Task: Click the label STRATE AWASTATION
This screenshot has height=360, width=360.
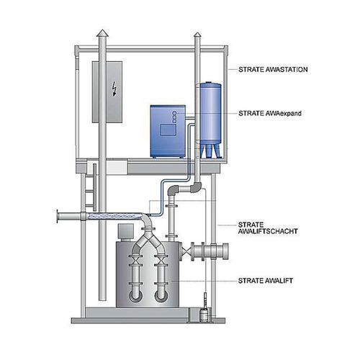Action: coord(273,70)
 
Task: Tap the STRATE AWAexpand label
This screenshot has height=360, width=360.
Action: coord(270,113)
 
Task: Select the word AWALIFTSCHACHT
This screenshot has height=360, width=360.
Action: coord(268,231)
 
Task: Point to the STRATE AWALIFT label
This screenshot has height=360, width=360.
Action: coord(266,281)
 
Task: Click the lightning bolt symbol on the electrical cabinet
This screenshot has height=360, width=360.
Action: coord(114,89)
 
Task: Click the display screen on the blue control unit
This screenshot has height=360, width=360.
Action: coord(168,130)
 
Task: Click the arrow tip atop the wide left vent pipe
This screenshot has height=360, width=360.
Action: coord(103,30)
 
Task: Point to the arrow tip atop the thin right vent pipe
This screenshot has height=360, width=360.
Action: coord(197,32)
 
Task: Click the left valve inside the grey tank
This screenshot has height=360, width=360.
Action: coord(135,261)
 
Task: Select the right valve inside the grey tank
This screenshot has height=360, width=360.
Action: coord(161,261)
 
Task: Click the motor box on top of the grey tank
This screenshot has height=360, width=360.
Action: coord(125,232)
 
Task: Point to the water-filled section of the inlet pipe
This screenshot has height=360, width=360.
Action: coord(114,216)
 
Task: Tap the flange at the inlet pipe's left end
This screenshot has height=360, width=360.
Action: coord(58,216)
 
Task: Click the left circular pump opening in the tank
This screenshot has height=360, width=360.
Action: coord(135,296)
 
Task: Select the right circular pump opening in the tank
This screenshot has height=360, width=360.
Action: coord(161,296)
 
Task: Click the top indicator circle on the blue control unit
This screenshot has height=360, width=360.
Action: coord(174,113)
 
